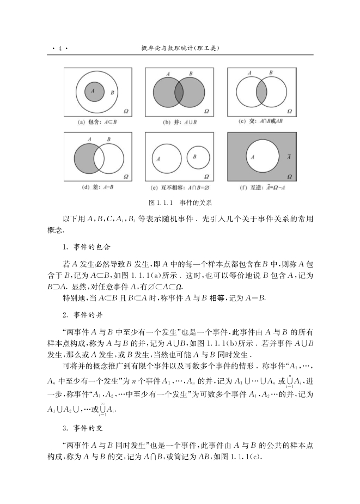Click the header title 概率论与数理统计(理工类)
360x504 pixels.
(179, 48)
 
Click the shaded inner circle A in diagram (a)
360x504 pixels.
(95, 91)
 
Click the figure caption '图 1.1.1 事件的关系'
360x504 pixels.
(179, 203)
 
